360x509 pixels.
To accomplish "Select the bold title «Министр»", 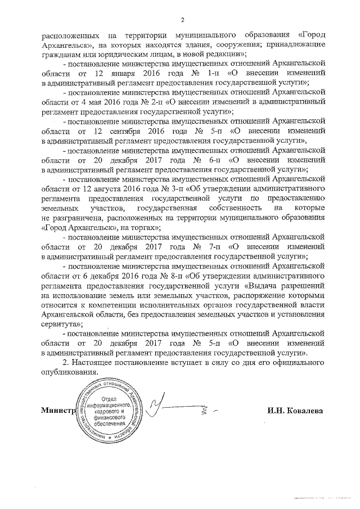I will click(58, 410).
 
